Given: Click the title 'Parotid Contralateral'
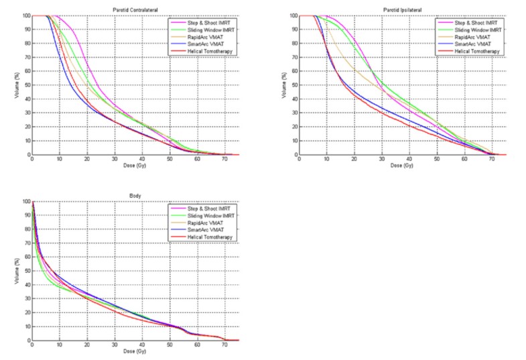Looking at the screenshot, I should (135, 10).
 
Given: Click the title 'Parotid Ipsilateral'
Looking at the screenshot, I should (402, 10).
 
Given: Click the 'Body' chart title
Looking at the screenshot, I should (135, 196).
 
